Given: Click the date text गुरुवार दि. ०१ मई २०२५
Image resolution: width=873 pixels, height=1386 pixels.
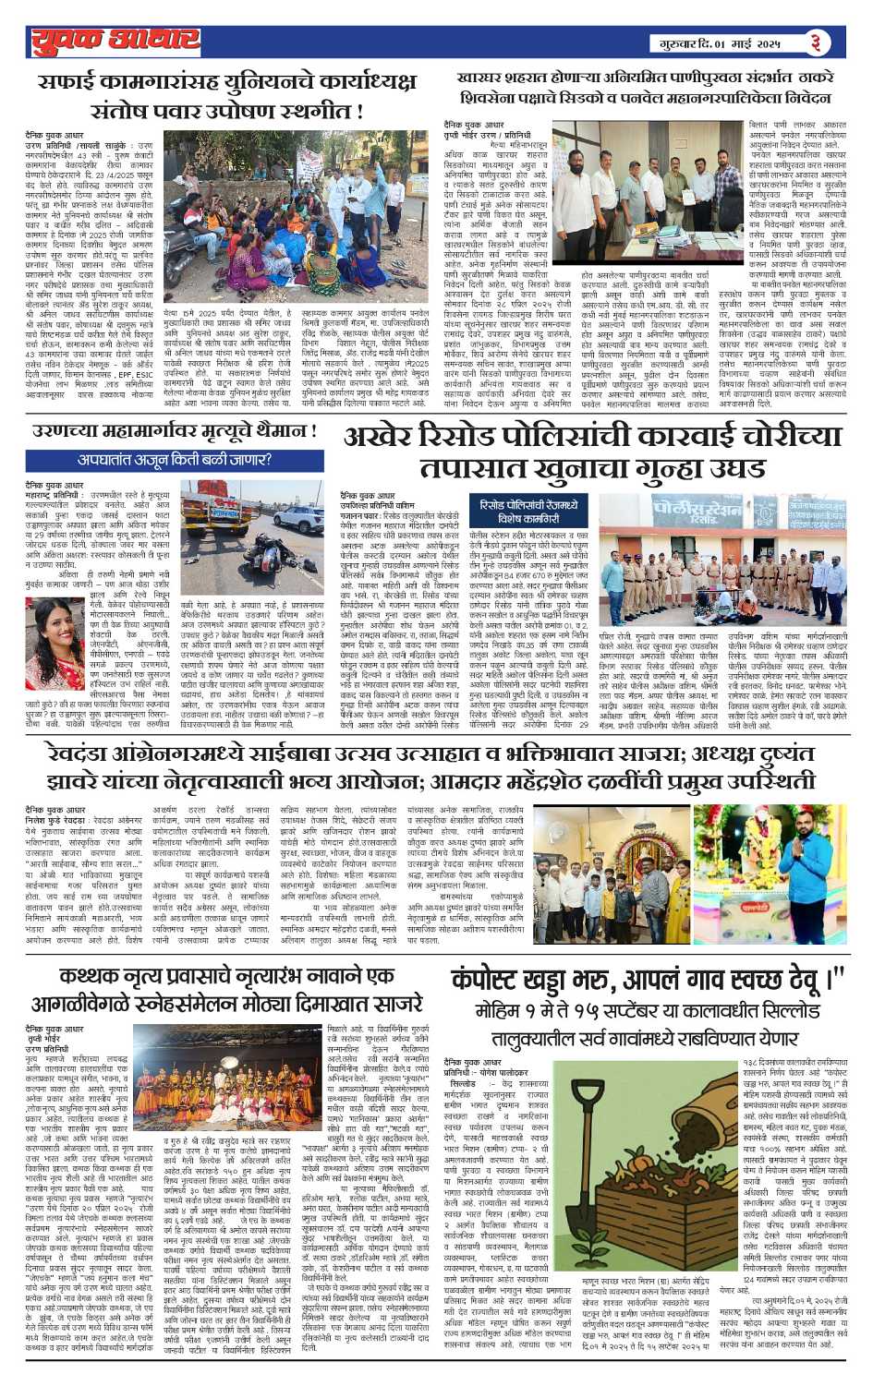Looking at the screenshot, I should pos(728,43).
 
